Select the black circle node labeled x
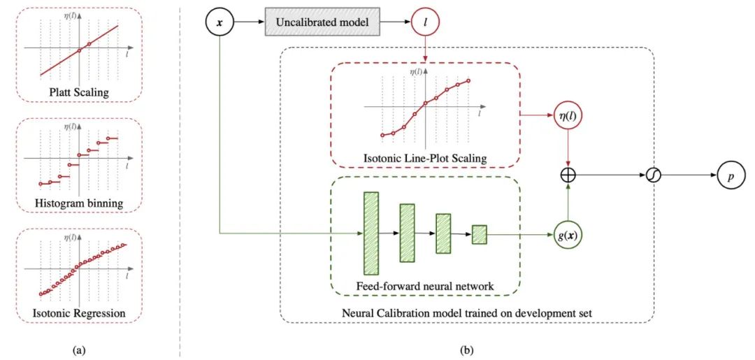point(219,22)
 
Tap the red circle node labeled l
point(425,22)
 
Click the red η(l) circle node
point(568,115)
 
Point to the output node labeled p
point(731,175)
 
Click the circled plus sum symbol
point(568,175)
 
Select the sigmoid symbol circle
point(654,175)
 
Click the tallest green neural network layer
point(372,233)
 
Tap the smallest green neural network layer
point(480,234)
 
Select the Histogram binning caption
point(80,203)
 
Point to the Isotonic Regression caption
point(80,313)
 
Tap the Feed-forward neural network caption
point(425,286)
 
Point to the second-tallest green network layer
point(408,233)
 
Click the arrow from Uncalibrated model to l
point(395,22)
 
